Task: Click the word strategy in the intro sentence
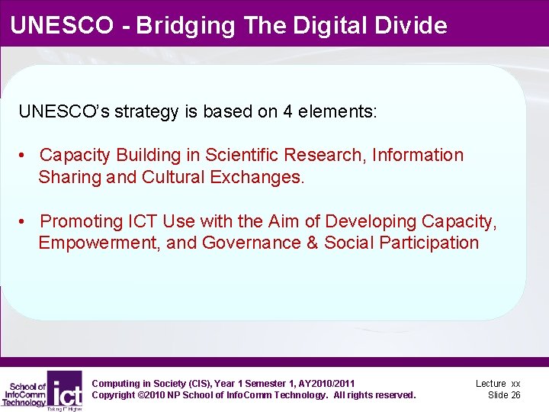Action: [144, 111]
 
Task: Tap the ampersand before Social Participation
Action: [315, 243]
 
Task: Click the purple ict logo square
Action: [65, 389]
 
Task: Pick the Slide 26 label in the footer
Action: [504, 395]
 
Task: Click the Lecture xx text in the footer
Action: [498, 384]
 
